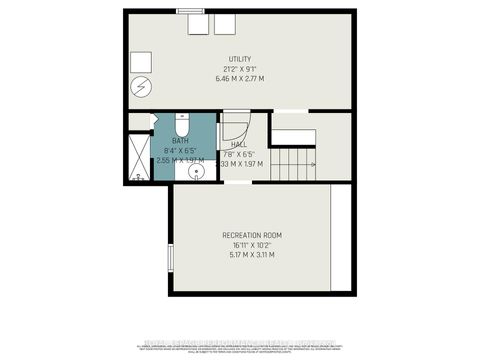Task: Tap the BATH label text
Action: point(180,141)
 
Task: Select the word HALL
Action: point(239,144)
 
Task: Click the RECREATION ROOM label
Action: point(250,235)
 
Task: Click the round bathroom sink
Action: point(196,171)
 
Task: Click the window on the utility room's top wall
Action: point(189,10)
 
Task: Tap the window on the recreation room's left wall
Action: point(170,256)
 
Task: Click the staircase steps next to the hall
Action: point(293,160)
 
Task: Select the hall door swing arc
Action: point(232,127)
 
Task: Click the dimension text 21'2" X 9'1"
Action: point(239,69)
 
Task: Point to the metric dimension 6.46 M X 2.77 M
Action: point(239,78)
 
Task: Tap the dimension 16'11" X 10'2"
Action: point(250,244)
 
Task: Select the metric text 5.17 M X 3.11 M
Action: point(250,254)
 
